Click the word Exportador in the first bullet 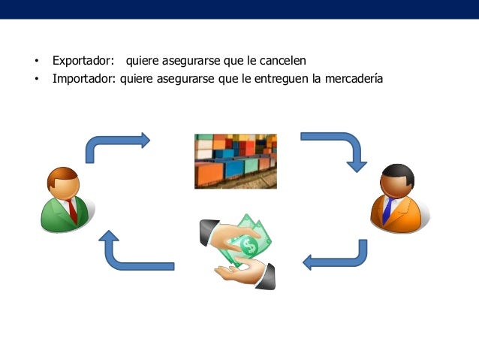(x=83, y=60)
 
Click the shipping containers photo (x=235, y=161)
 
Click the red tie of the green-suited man (x=71, y=210)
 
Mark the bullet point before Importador (x=35, y=77)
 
